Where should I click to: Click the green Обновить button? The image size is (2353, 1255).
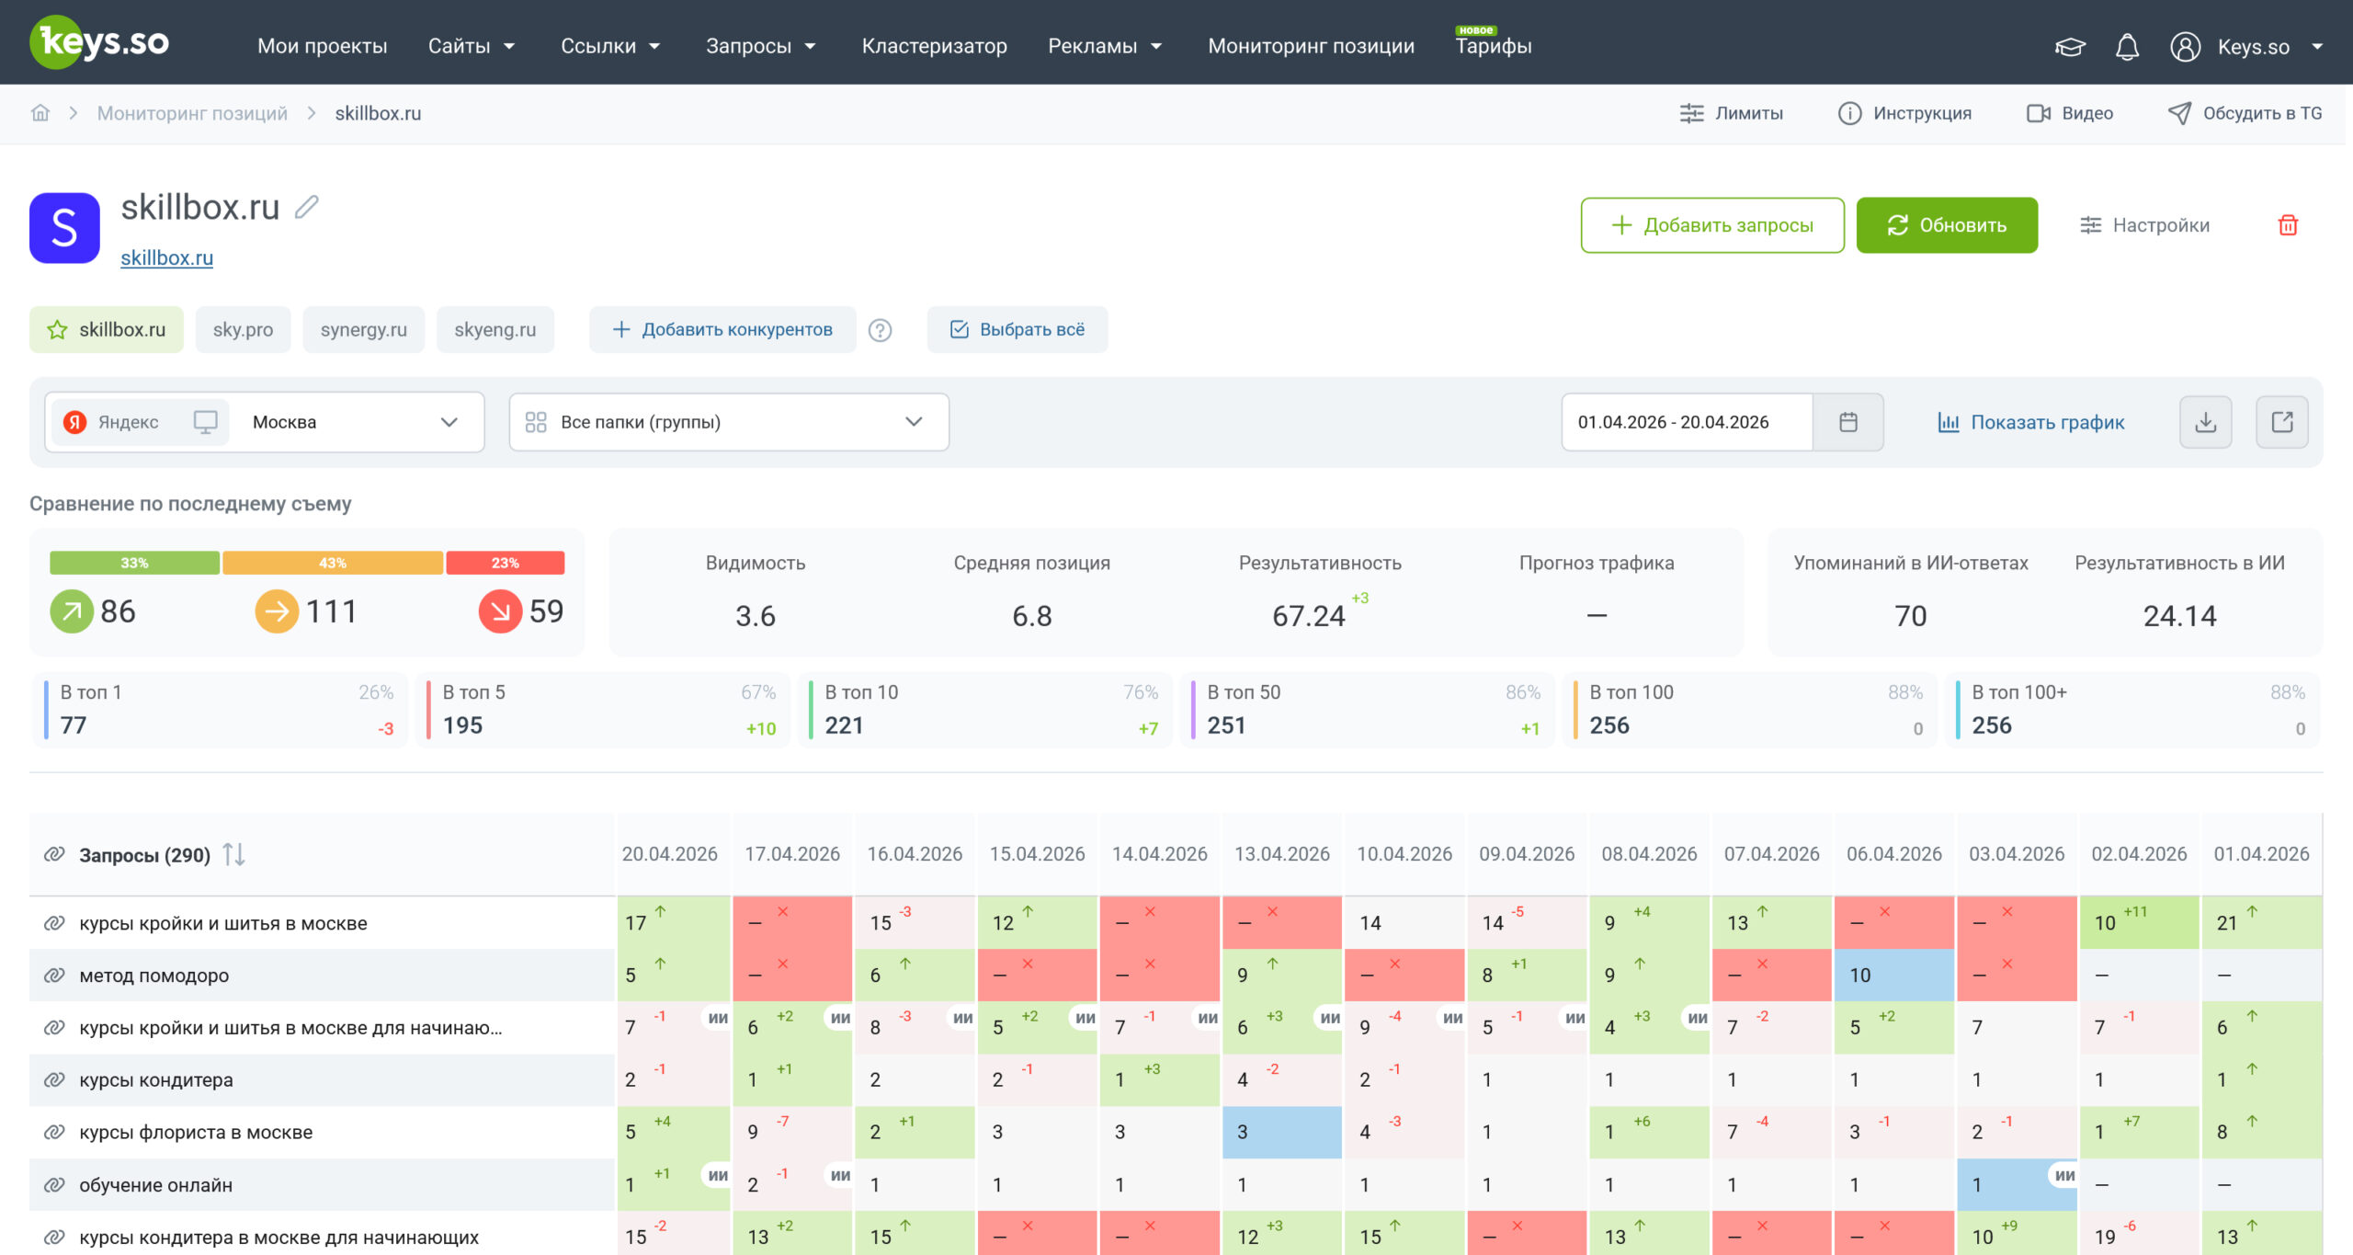pos(1946,225)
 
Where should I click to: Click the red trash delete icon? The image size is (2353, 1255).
pos(2288,225)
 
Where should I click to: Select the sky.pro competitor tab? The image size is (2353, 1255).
pos(243,329)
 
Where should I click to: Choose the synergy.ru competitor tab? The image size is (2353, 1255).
pos(364,329)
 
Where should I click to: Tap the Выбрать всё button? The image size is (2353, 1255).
pos(1017,329)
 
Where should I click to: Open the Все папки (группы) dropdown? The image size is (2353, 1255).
pos(729,422)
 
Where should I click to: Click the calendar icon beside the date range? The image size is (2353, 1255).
pos(1848,422)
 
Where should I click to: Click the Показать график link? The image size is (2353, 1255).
pos(2031,422)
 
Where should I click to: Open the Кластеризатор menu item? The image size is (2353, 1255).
pos(934,46)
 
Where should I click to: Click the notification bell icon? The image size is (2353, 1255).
pos(2127,47)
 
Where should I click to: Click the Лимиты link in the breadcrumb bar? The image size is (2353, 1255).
pos(1732,113)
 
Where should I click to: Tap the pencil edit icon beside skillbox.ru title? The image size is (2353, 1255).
pos(307,207)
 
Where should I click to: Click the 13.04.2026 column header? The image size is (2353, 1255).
pos(1282,854)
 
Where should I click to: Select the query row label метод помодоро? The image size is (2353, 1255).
pos(154,975)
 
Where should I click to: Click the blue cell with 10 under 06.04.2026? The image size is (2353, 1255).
pos(1894,975)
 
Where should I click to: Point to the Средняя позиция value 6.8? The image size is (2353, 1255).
pos(1031,616)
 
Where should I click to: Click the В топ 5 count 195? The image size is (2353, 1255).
pos(462,725)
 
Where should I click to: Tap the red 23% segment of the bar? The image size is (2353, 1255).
pos(505,563)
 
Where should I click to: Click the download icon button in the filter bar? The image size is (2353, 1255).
pos(2205,422)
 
